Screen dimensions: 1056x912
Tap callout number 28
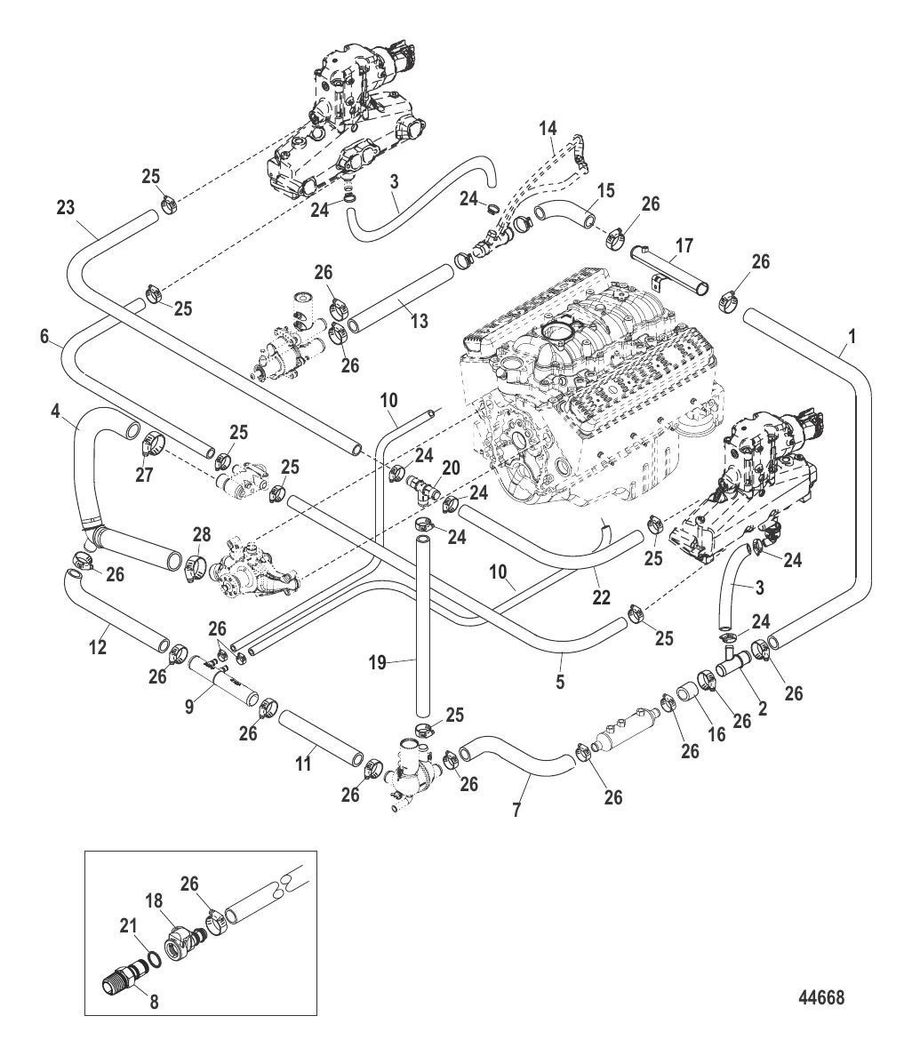(202, 533)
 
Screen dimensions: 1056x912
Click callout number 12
(98, 647)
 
